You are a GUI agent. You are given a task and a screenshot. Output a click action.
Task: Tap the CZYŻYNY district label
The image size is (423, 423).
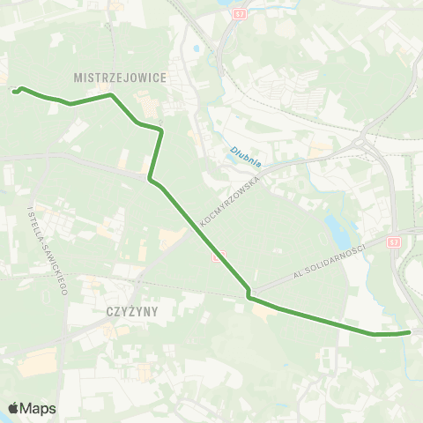pyautogui.click(x=130, y=310)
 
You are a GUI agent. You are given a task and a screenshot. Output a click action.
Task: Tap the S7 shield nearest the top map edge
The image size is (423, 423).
pyautogui.click(x=240, y=15)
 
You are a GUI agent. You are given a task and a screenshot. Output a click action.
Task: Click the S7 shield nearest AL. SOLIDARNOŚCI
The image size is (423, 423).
pyautogui.click(x=392, y=240)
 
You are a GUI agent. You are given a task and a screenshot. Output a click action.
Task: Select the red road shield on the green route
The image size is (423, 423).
pyautogui.click(x=220, y=256)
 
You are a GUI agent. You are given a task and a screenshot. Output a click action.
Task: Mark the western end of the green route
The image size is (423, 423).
pyautogui.click(x=15, y=89)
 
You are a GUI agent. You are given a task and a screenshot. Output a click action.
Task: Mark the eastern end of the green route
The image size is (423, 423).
pyautogui.click(x=410, y=332)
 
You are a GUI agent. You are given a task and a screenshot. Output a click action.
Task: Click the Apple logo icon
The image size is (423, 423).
pyautogui.click(x=14, y=408)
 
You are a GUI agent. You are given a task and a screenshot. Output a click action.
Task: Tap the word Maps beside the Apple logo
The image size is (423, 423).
pyautogui.click(x=39, y=408)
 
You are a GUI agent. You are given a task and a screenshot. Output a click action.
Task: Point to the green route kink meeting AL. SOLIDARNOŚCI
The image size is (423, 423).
pyautogui.click(x=249, y=293)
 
